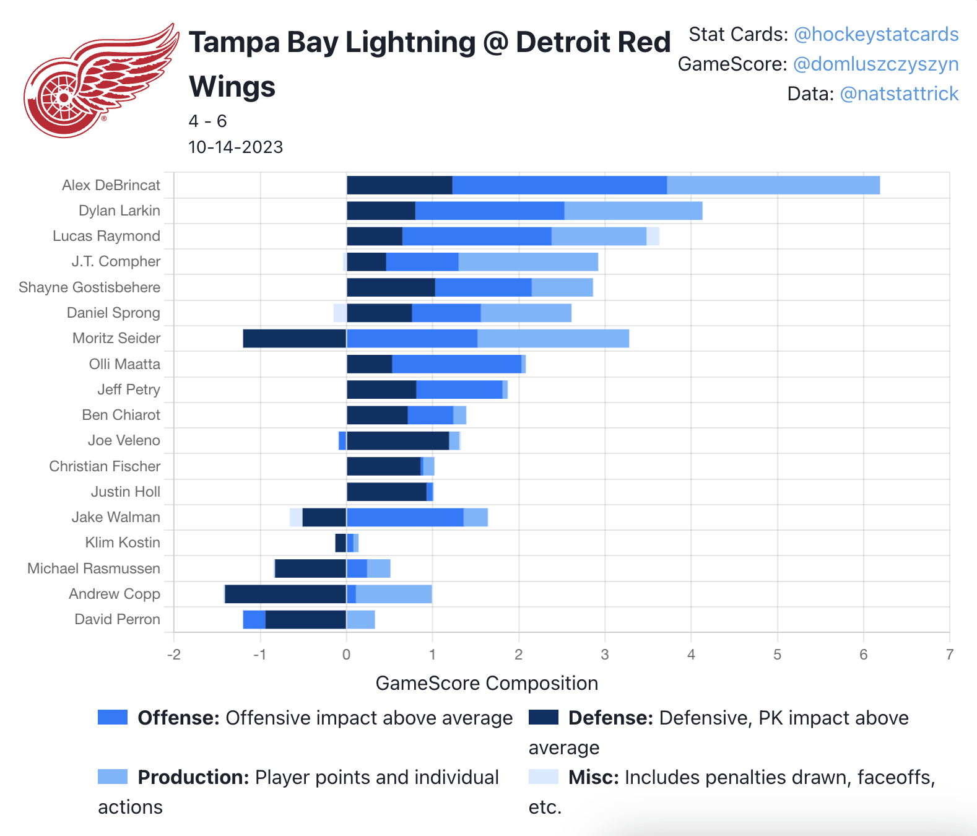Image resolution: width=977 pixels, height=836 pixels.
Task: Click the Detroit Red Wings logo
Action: click(x=99, y=81)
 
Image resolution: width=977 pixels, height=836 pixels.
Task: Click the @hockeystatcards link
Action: click(x=875, y=35)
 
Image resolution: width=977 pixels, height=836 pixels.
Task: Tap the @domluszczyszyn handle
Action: click(x=875, y=64)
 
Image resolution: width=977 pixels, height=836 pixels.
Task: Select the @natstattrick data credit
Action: click(x=898, y=94)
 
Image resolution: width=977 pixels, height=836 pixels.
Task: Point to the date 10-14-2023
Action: click(x=235, y=147)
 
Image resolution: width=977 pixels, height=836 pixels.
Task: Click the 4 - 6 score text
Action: click(x=207, y=121)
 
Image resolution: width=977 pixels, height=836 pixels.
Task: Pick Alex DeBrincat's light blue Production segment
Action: click(x=773, y=185)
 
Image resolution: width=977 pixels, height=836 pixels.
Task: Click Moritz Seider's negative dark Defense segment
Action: click(x=294, y=339)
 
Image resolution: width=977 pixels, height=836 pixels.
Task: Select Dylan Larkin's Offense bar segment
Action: click(x=489, y=211)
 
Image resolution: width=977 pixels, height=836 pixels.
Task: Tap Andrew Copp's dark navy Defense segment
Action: click(x=285, y=594)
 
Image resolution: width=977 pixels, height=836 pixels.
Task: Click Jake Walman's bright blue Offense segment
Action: click(x=405, y=517)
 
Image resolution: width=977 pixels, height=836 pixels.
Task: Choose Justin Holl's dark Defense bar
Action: click(x=386, y=492)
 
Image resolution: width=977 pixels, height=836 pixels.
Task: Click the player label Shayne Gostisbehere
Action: click(x=89, y=287)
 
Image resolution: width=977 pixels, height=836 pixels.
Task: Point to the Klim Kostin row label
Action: click(x=123, y=542)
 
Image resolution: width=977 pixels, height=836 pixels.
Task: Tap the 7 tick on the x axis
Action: click(x=949, y=655)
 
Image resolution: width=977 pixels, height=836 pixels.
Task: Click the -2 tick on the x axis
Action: click(x=173, y=655)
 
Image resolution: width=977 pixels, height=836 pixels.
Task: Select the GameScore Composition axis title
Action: click(x=487, y=683)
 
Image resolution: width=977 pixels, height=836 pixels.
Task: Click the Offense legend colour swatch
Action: click(x=113, y=717)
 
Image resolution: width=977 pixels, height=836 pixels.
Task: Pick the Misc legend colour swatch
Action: click(x=543, y=777)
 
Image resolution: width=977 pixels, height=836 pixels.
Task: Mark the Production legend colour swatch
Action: click(x=113, y=777)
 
